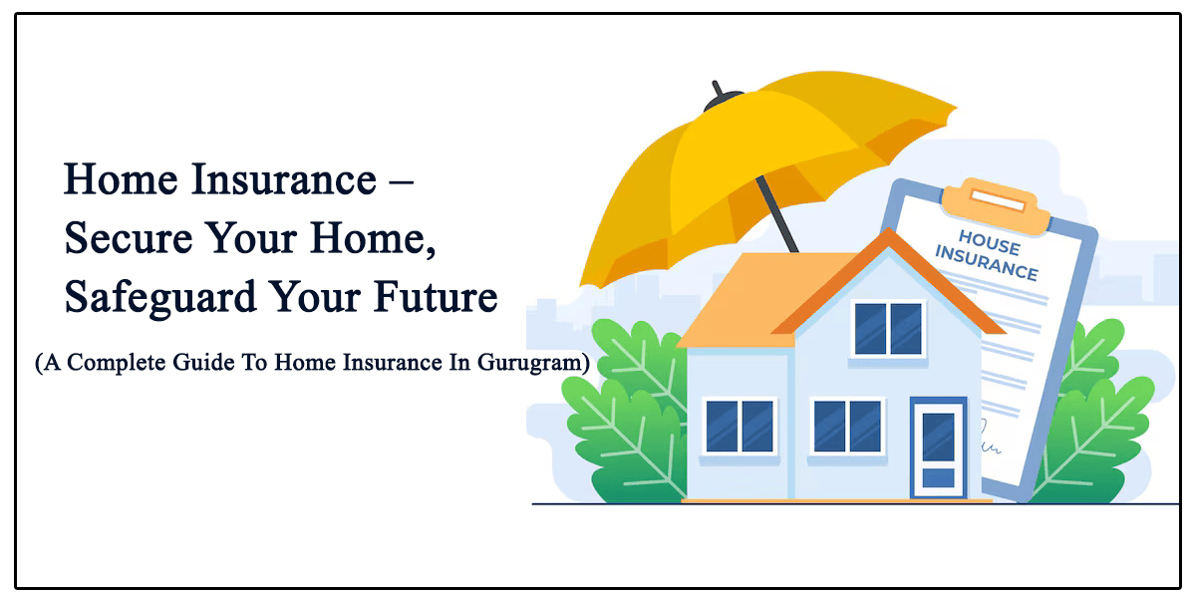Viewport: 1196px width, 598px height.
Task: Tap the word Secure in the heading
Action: click(x=129, y=238)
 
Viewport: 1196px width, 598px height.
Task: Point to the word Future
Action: click(x=436, y=296)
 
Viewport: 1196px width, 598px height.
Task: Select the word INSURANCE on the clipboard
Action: click(x=986, y=263)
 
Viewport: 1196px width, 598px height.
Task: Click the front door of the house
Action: click(x=938, y=448)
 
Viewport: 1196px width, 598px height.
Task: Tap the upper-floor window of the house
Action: click(x=888, y=329)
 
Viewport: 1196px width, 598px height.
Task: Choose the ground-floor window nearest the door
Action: click(x=847, y=428)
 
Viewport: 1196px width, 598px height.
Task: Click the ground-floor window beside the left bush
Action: click(x=740, y=428)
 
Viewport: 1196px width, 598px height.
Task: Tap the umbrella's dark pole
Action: click(x=776, y=214)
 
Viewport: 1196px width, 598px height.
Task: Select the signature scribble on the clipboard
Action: click(x=989, y=438)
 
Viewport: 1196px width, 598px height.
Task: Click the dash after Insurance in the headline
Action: click(x=401, y=183)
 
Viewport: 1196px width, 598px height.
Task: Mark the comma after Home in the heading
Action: click(x=431, y=251)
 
